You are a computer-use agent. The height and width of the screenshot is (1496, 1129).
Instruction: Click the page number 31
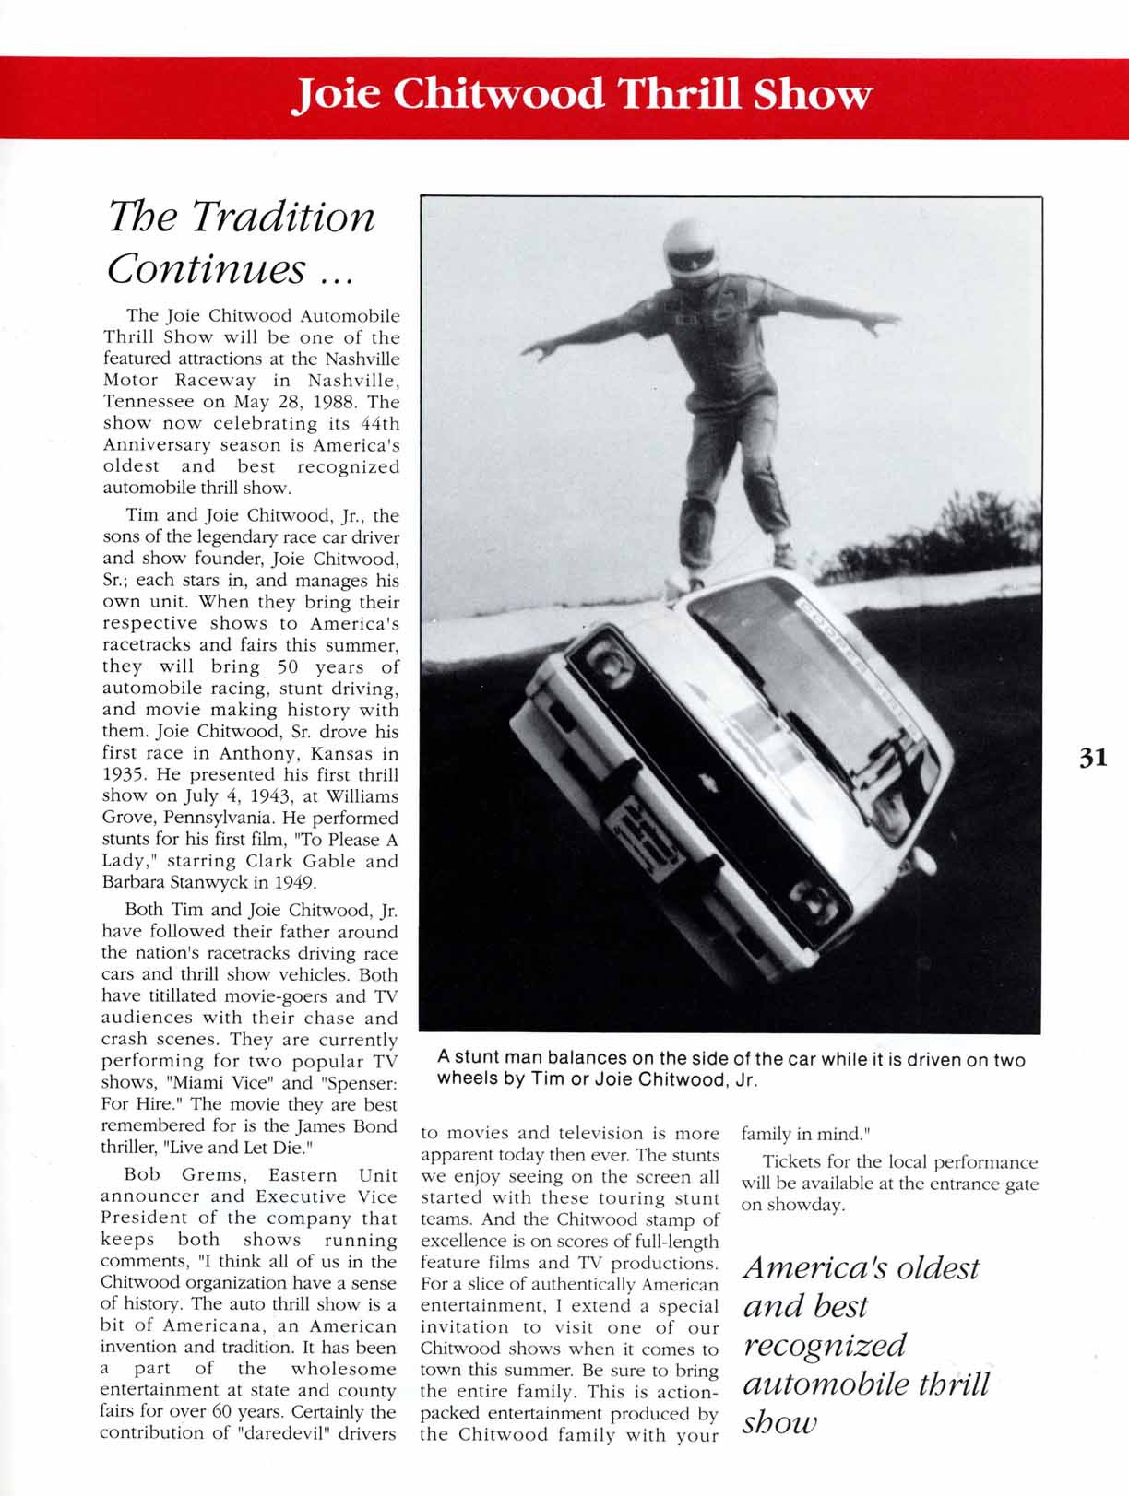[1092, 758]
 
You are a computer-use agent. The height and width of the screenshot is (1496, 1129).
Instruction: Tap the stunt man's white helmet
[691, 249]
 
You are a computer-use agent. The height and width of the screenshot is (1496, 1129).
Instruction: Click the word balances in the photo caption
[569, 1059]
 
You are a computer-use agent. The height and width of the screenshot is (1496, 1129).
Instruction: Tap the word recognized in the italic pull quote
[825, 1346]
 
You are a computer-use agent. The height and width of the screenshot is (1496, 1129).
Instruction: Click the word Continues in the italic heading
[206, 269]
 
